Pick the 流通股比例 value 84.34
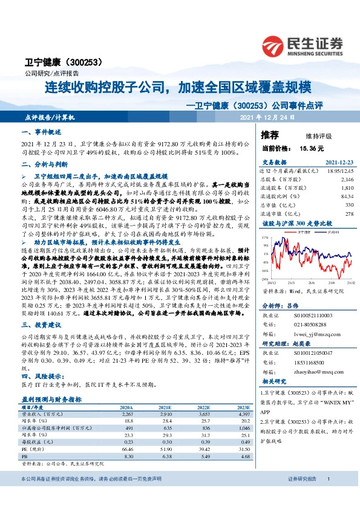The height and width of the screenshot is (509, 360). click(346, 196)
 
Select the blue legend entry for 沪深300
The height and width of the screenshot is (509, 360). click(329, 231)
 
